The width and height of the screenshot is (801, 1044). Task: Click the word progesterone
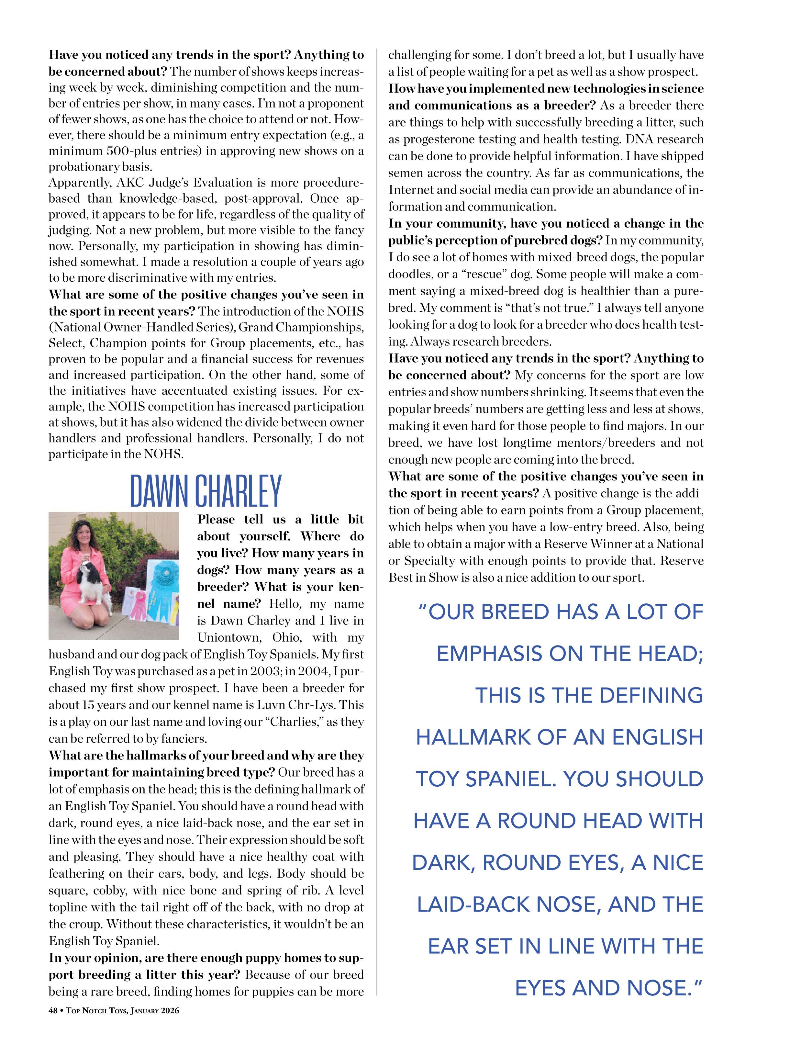click(x=441, y=139)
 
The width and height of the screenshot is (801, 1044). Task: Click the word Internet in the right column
click(x=409, y=190)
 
